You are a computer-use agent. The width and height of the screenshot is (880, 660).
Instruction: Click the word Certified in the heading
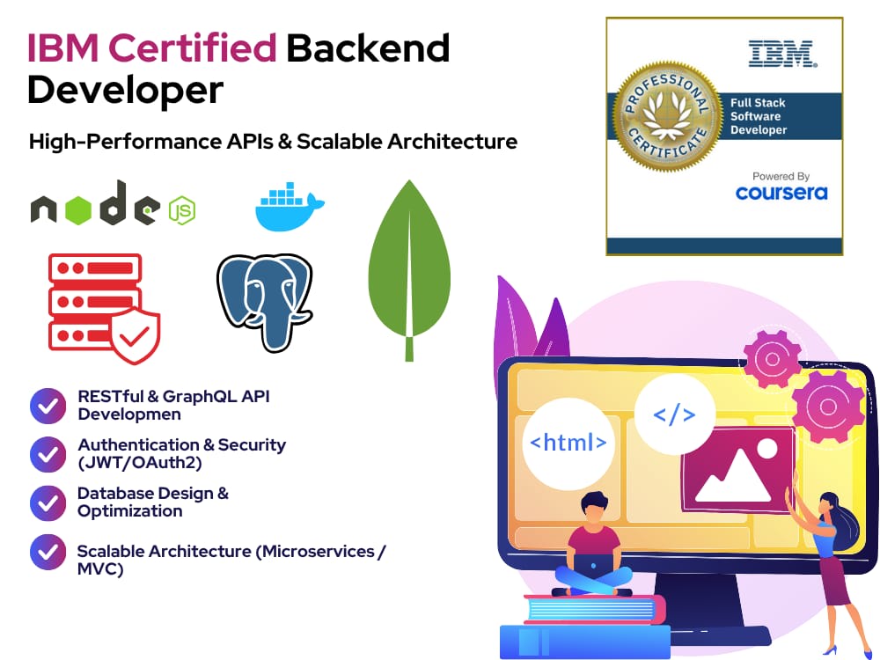pyautogui.click(x=192, y=48)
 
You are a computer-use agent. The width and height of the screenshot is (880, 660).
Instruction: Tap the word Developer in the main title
pyautogui.click(x=125, y=91)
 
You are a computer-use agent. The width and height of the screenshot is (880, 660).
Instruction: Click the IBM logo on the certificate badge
pyautogui.click(x=782, y=54)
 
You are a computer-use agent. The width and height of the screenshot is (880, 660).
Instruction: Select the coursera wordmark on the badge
pyautogui.click(x=781, y=193)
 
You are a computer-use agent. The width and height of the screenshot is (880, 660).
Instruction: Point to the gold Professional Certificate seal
pyautogui.click(x=667, y=116)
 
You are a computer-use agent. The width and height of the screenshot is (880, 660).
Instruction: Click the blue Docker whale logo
pyautogui.click(x=290, y=206)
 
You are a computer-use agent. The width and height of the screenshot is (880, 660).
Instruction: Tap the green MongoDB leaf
pyautogui.click(x=409, y=270)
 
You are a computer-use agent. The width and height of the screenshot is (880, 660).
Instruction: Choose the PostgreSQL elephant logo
pyautogui.click(x=265, y=302)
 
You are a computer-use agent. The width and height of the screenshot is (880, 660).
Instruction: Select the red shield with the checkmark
pyautogui.click(x=135, y=335)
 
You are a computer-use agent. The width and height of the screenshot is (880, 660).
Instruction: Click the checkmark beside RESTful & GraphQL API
pyautogui.click(x=48, y=406)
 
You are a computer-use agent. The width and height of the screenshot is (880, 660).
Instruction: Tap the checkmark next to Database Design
pyautogui.click(x=48, y=502)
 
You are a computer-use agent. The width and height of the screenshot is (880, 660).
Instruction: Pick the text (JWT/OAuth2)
pyautogui.click(x=140, y=463)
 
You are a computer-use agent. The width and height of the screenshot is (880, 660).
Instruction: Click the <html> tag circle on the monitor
pyautogui.click(x=568, y=443)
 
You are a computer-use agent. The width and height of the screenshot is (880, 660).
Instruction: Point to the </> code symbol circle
pyautogui.click(x=675, y=414)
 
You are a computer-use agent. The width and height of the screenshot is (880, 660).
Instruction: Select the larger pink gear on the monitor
pyautogui.click(x=828, y=407)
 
